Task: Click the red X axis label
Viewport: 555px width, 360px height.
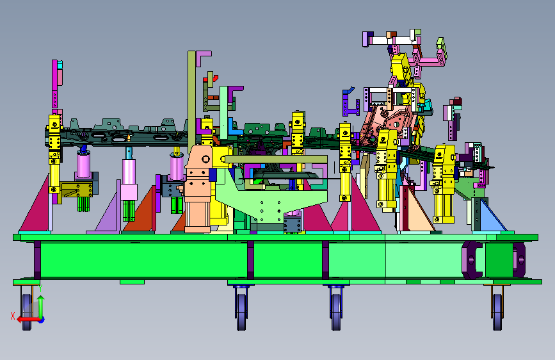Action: point(13,316)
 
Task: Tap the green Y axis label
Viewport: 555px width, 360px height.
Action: point(40,288)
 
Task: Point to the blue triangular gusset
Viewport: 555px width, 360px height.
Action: point(492,217)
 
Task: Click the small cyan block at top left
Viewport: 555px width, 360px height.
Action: point(60,65)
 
